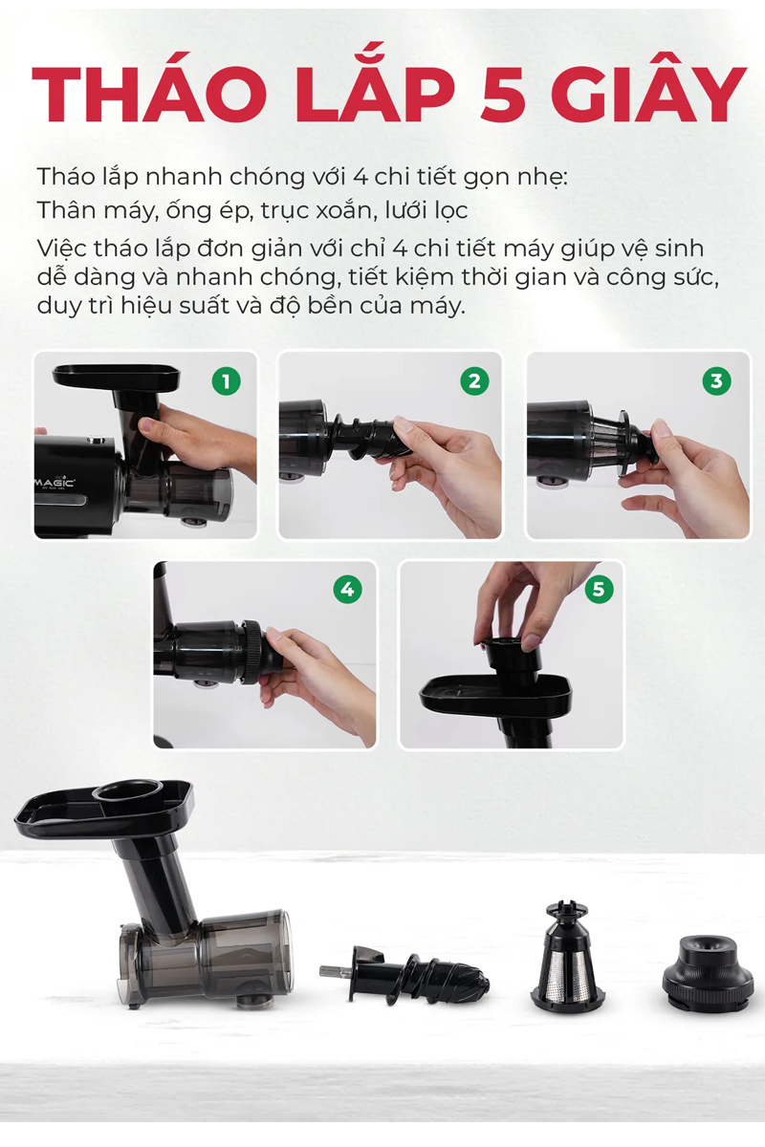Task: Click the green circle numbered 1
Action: click(x=226, y=380)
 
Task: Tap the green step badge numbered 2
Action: click(x=474, y=380)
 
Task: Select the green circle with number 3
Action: click(x=716, y=380)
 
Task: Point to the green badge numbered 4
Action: click(x=347, y=590)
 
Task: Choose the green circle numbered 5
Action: click(x=599, y=589)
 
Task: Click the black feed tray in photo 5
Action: click(x=495, y=693)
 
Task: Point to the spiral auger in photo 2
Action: click(x=368, y=436)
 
